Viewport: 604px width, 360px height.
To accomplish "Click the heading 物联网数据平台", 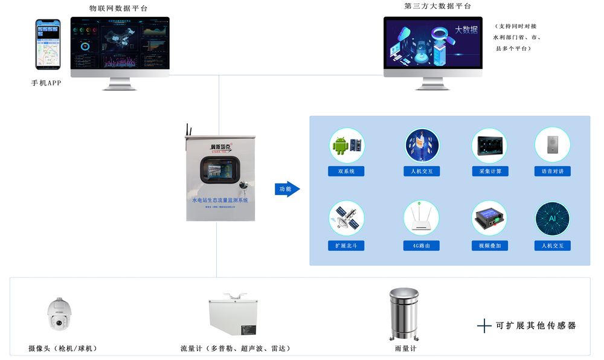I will coord(118,8).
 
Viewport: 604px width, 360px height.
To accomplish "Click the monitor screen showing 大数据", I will coord(433,44).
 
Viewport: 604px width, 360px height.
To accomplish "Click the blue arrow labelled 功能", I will coord(287,189).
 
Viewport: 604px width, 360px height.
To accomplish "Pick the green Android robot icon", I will coord(341,146).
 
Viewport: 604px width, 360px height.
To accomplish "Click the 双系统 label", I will coord(346,172).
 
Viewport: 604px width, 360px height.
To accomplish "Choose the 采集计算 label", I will coord(490,172).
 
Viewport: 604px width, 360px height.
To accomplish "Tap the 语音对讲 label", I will coord(552,172).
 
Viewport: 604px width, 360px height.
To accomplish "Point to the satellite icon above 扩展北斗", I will coord(347,219).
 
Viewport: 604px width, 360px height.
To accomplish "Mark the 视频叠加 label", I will coord(490,246).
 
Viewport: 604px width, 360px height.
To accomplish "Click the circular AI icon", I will coord(552,219).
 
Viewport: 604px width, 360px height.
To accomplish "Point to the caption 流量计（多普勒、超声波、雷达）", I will coord(236,349).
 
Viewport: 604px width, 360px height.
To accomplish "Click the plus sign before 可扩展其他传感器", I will coord(484,326).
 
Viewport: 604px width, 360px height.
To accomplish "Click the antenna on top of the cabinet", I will coord(188,130).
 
